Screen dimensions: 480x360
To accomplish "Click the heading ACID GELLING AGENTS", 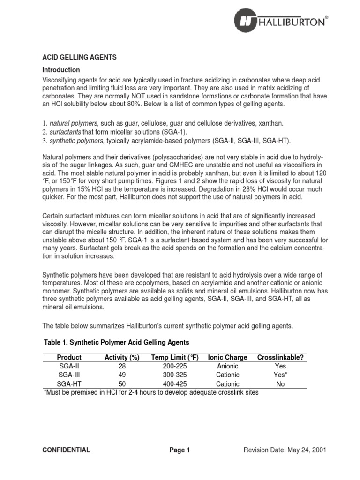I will pyautogui.click(x=79, y=57).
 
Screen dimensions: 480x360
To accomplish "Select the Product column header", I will pyautogui.click(x=69, y=357).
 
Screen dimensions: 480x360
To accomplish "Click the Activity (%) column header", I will pyautogui.click(x=122, y=357).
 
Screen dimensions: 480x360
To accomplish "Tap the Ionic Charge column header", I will pyautogui.click(x=228, y=357).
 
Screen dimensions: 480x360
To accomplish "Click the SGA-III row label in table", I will pyautogui.click(x=69, y=375).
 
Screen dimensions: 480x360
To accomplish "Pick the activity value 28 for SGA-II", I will pyautogui.click(x=122, y=366).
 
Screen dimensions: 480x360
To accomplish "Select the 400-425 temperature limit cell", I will pyautogui.click(x=175, y=383).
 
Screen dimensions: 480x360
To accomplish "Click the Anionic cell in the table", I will pyautogui.click(x=228, y=366).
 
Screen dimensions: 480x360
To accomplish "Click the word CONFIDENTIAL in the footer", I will pyautogui.click(x=66, y=450).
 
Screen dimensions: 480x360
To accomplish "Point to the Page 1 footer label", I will pyautogui.click(x=180, y=450).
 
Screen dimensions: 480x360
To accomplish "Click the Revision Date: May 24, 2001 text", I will pyautogui.click(x=285, y=450).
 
